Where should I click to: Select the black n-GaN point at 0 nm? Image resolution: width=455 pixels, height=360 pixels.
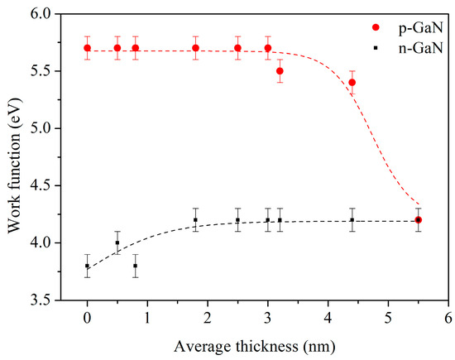point(88,266)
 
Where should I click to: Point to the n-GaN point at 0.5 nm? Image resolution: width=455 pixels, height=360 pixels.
point(117,242)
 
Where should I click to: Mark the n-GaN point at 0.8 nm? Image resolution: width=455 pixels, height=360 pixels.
point(136,266)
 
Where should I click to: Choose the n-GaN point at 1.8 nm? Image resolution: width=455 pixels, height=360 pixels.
point(195,220)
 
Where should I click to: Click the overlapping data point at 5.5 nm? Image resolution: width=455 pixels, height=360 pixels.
point(419,220)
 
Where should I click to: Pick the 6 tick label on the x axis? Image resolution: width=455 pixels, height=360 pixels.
point(448,317)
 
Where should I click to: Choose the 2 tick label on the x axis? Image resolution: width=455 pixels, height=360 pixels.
point(208,317)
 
